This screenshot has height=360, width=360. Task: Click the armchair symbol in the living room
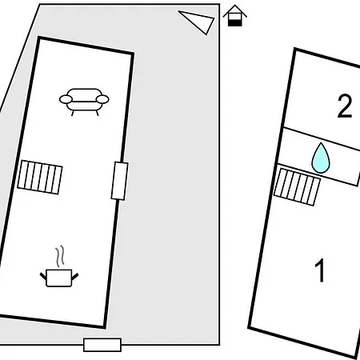[84, 102]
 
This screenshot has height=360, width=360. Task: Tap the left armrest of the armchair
[66, 99]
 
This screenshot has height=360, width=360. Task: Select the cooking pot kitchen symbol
[59, 278]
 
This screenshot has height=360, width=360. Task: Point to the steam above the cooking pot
[60, 256]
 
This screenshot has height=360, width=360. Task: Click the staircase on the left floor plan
[40, 178]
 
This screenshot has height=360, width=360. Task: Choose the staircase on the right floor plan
[297, 187]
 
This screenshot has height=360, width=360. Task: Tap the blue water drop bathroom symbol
[321, 158]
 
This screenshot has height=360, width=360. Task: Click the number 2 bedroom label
[345, 106]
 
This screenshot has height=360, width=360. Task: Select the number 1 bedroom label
[320, 270]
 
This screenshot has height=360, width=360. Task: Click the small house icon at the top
[234, 15]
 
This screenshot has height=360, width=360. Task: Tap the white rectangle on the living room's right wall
[119, 181]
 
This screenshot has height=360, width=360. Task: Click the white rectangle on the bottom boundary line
[102, 345]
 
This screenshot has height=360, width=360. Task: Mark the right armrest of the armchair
[102, 99]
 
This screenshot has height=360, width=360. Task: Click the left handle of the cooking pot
[43, 276]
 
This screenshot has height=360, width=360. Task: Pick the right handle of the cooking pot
[75, 277]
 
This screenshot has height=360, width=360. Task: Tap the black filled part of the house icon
[235, 23]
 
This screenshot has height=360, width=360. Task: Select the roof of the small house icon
[234, 10]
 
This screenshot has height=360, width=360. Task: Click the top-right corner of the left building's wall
[133, 54]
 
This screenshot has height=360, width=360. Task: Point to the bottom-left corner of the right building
[249, 328]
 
